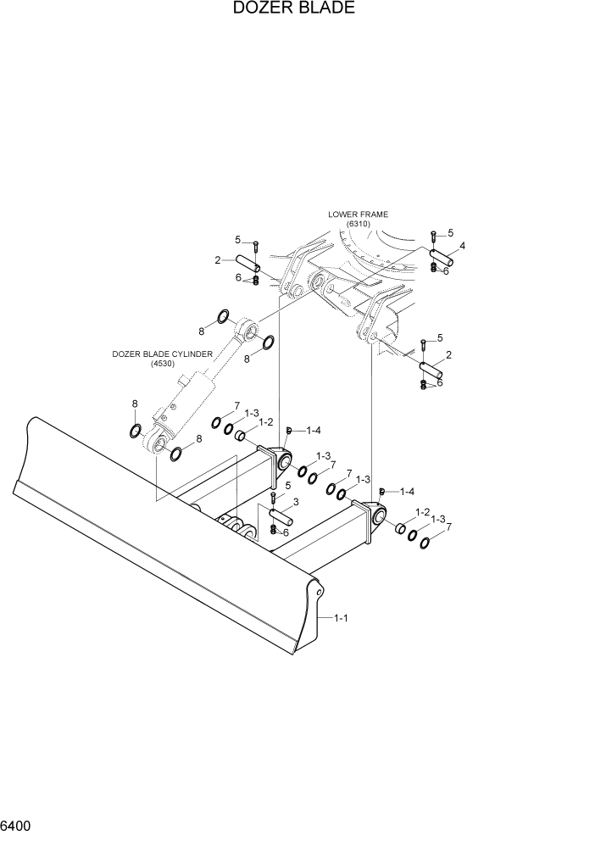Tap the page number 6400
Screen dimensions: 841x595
(17, 824)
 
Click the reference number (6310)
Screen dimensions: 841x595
(359, 225)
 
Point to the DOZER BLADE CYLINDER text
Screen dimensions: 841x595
(163, 354)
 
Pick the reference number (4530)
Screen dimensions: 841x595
(162, 365)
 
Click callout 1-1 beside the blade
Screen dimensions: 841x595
(340, 618)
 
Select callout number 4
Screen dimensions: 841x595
(462, 247)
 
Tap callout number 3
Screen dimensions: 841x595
(296, 502)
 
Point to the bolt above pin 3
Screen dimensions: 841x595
(273, 498)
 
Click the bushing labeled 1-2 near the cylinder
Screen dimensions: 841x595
(241, 437)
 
